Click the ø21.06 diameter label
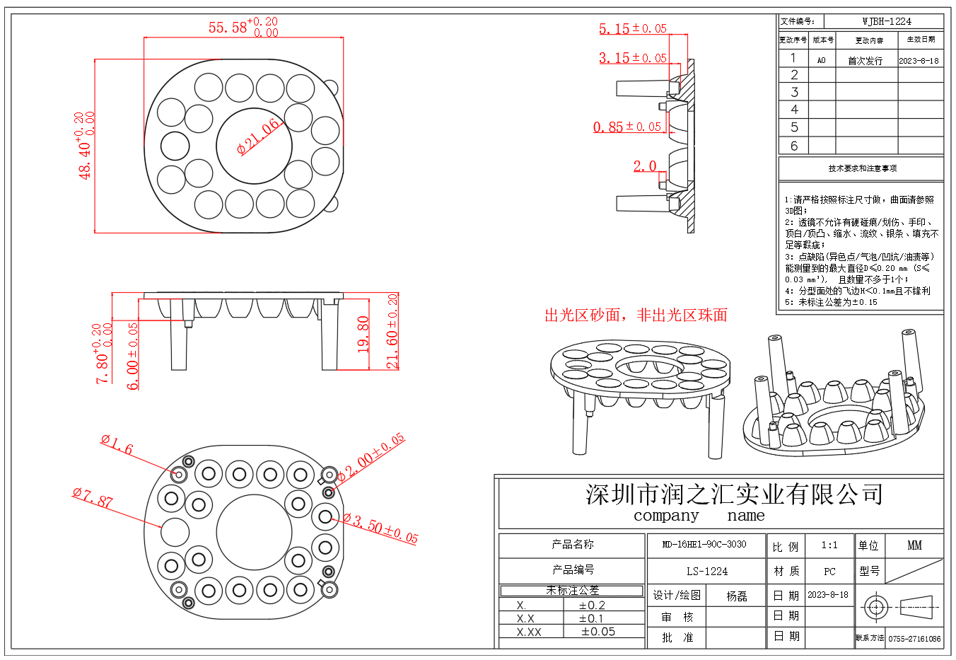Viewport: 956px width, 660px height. tap(259, 137)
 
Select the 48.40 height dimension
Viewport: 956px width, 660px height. tap(84, 146)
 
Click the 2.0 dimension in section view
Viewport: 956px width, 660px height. tap(644, 166)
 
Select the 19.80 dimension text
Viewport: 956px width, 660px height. tap(363, 334)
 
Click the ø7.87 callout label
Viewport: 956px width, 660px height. tap(93, 498)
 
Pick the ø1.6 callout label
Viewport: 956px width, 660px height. tap(117, 445)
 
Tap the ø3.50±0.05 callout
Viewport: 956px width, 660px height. tap(381, 528)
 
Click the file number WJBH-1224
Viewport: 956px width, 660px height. tap(886, 21)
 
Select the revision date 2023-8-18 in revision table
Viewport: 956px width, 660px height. tap(919, 61)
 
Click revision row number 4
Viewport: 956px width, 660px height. tap(794, 110)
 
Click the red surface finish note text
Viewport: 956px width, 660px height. tap(635, 315)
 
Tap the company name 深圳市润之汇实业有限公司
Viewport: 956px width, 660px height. tap(734, 494)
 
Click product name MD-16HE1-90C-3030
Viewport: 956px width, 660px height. tap(704, 545)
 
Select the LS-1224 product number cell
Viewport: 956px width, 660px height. tap(706, 571)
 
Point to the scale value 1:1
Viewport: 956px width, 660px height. tap(829, 545)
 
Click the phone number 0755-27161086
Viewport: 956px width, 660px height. tap(914, 639)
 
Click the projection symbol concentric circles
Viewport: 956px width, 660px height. tap(875, 607)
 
